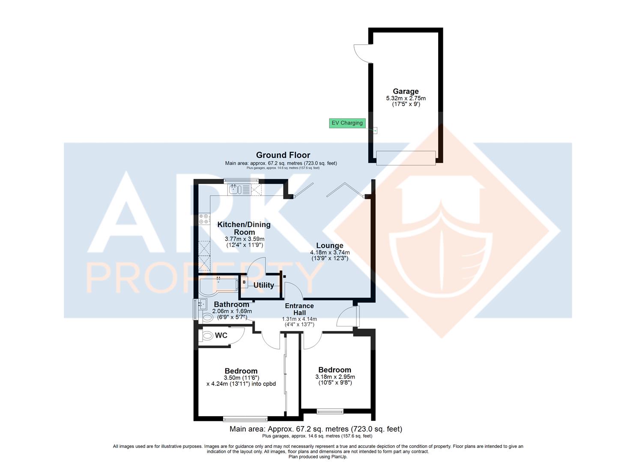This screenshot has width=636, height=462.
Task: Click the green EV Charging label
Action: coord(347,123)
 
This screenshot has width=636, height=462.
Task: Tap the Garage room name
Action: coord(406,91)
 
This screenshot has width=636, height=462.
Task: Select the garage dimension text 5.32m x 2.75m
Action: coord(406,98)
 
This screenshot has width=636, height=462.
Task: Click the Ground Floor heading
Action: coord(283,155)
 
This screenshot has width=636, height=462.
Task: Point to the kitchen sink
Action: coord(234,189)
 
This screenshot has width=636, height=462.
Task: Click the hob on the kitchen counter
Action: coord(204,219)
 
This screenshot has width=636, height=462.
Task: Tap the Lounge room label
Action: coord(330,246)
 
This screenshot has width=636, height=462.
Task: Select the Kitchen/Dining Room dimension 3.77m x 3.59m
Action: coord(245,239)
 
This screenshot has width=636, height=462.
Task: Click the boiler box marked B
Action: coord(244,282)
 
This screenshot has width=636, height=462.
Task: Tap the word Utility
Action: coord(263,285)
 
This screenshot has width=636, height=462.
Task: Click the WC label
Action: coord(221,335)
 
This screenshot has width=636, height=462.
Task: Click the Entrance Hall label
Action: coord(299,309)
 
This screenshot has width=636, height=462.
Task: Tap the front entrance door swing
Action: coord(348,316)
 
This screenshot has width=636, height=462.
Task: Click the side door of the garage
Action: coord(363,53)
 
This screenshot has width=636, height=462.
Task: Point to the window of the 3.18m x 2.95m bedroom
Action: coord(330,411)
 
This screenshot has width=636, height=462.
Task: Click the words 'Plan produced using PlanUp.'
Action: coord(318,457)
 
